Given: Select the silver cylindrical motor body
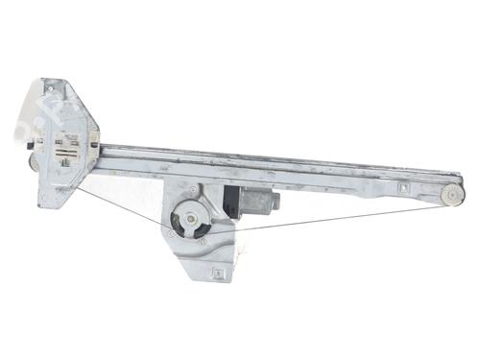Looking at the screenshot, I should [x=256, y=202].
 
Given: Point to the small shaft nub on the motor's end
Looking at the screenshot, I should [x=276, y=203].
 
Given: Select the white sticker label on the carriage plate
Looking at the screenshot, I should [x=69, y=153].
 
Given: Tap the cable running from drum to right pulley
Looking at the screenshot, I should [x=326, y=219].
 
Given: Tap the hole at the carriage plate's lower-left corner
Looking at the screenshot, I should [x=45, y=201].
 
